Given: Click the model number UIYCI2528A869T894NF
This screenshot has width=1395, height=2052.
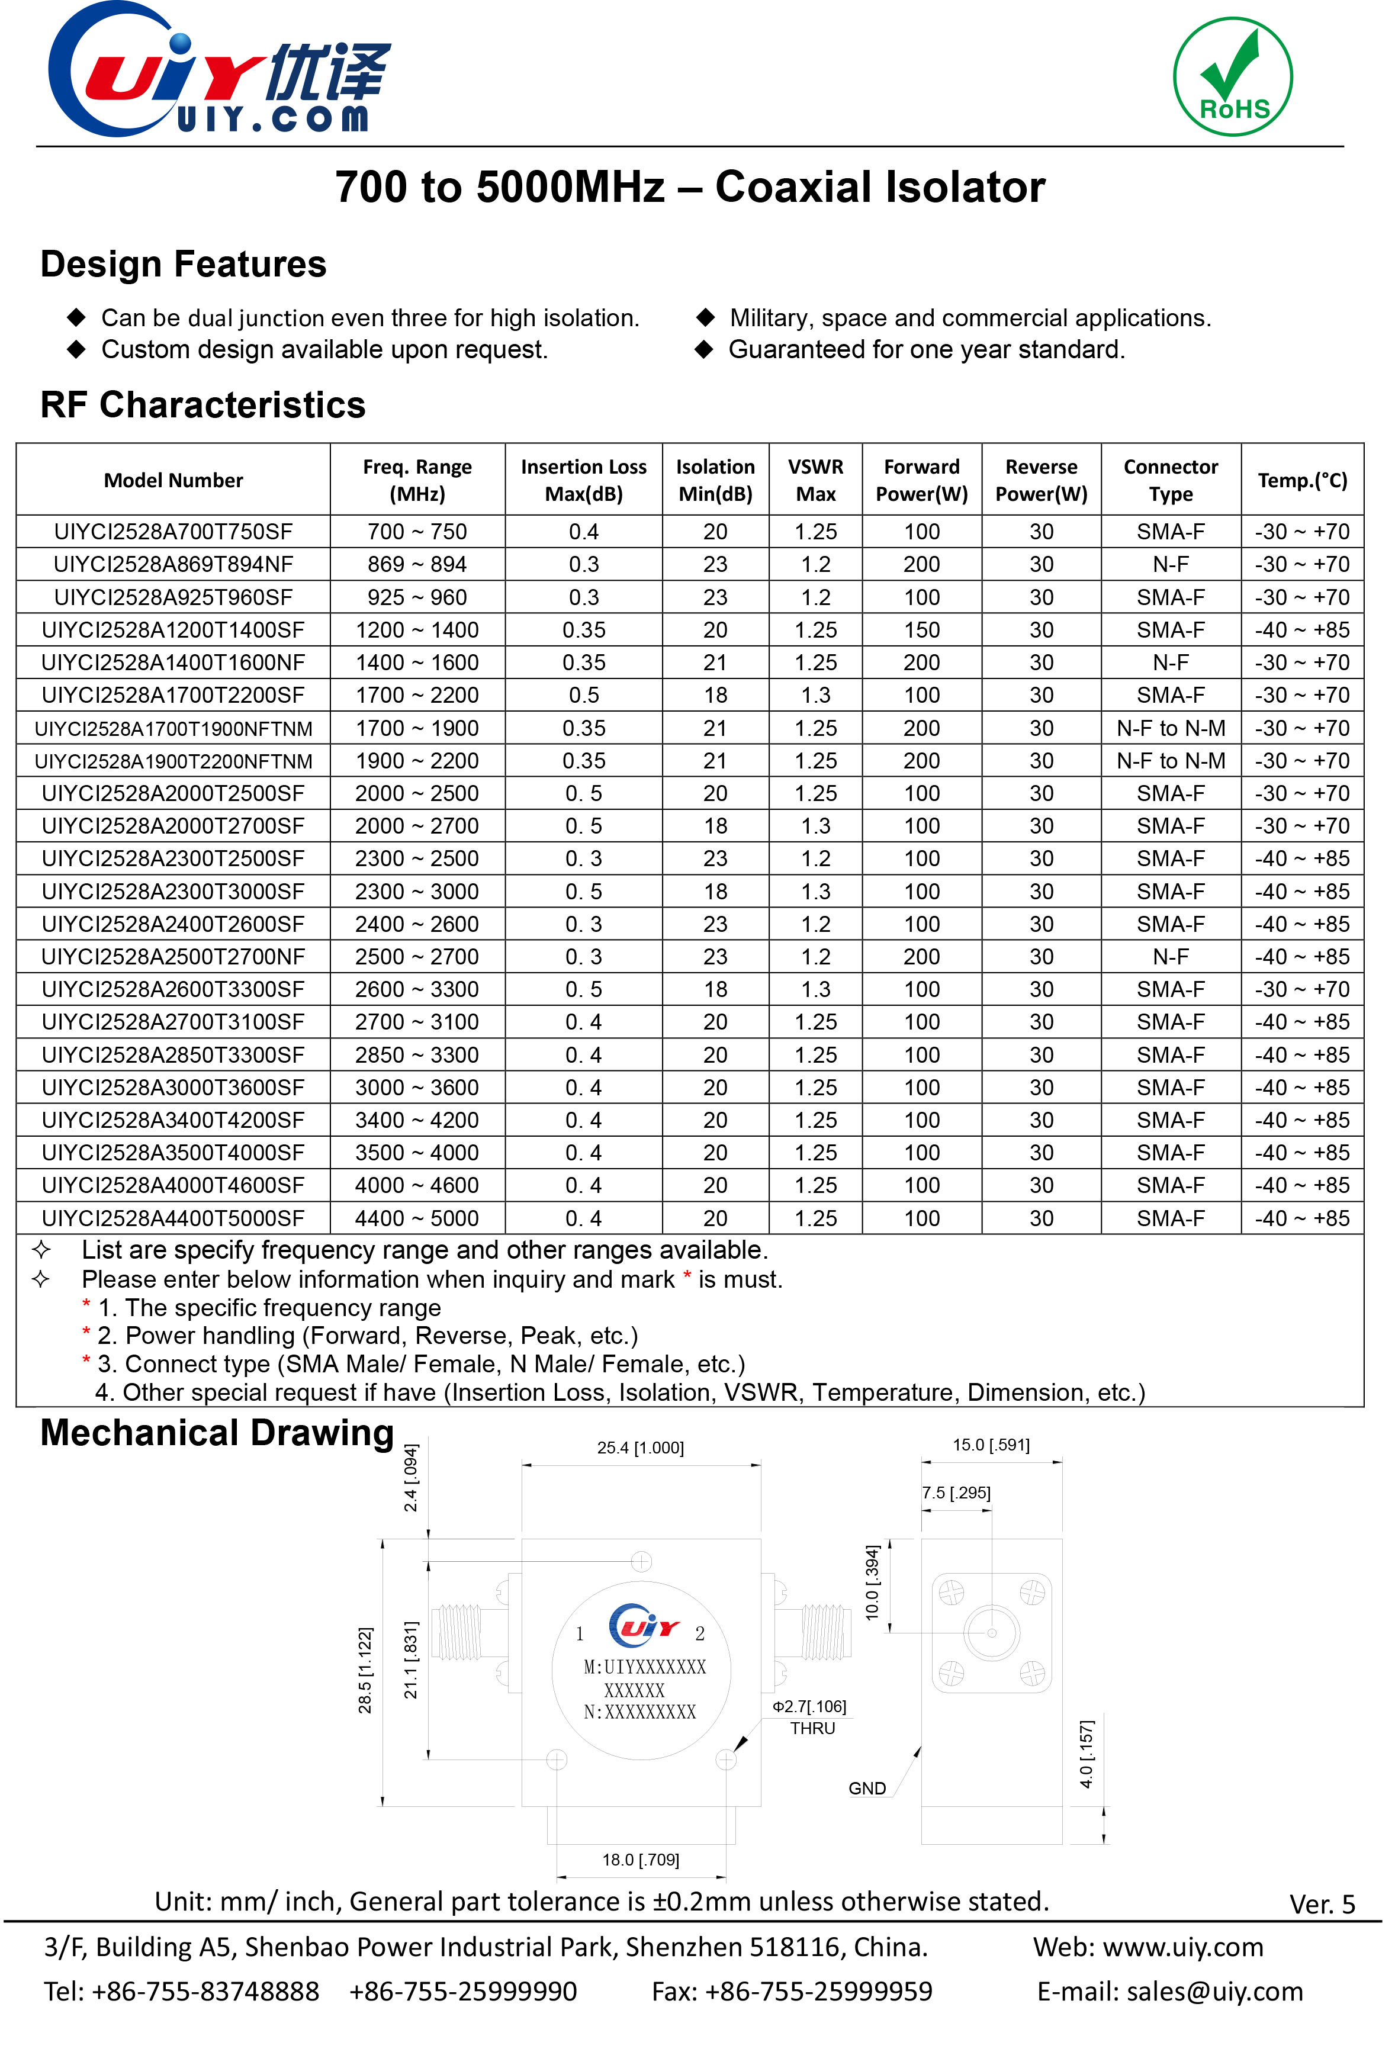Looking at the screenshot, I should click(173, 564).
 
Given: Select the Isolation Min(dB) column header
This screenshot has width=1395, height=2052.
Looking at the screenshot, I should click(715, 480).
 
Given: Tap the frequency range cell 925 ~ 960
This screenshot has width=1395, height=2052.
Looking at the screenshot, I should click(417, 598).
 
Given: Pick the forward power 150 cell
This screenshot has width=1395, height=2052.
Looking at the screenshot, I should click(921, 631).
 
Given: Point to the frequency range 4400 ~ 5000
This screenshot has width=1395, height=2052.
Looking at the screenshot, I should click(417, 1218).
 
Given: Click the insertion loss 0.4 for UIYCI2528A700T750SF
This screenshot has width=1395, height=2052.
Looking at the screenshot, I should click(584, 532).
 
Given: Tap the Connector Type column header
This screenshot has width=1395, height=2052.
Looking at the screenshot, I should click(1170, 480).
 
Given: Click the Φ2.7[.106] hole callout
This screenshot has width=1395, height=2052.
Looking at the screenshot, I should click(809, 1707).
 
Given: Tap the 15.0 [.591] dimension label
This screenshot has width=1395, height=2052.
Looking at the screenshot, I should click(991, 1445).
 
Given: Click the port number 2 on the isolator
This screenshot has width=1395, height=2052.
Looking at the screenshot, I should click(699, 1633).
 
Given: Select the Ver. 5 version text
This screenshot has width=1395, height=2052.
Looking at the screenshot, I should click(1322, 1905).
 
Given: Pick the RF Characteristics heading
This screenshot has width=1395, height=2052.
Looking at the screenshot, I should click(203, 406).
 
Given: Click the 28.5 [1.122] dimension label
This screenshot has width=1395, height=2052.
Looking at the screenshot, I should click(365, 1671).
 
